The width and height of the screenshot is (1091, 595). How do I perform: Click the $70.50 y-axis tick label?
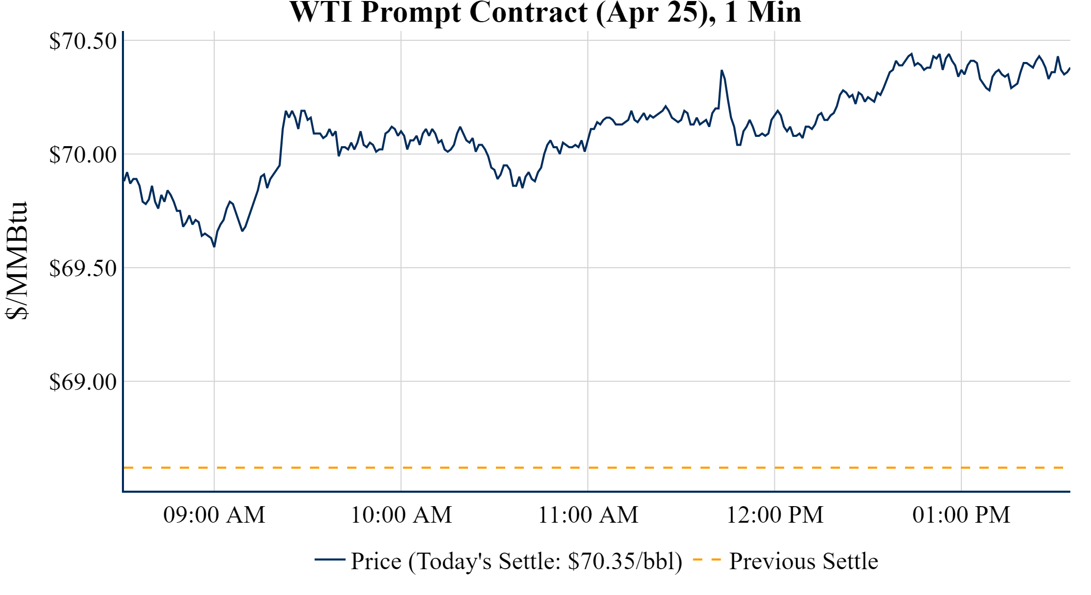(83, 41)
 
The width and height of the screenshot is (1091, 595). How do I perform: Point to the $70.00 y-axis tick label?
(83, 154)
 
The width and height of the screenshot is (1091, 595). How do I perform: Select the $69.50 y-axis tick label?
(83, 268)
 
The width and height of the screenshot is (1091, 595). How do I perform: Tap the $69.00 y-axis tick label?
(83, 382)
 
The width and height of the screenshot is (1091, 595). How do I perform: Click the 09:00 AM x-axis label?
(214, 514)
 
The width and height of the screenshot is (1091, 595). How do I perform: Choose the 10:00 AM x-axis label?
(401, 514)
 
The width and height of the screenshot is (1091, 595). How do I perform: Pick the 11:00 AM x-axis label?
(588, 514)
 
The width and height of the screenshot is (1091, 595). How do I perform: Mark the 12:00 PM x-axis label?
(775, 514)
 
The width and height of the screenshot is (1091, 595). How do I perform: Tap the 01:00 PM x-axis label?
(961, 514)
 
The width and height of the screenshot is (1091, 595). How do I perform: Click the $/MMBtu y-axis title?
(17, 261)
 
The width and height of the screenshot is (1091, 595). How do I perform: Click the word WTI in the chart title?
(321, 12)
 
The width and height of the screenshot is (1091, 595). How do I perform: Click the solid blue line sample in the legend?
(330, 559)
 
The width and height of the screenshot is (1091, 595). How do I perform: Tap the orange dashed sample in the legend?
(707, 559)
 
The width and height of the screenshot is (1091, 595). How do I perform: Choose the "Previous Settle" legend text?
(803, 561)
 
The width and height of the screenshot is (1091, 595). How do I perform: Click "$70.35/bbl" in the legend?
(625, 561)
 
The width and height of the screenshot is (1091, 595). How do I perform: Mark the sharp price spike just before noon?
(722, 71)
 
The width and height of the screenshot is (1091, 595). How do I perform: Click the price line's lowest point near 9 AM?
(214, 246)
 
